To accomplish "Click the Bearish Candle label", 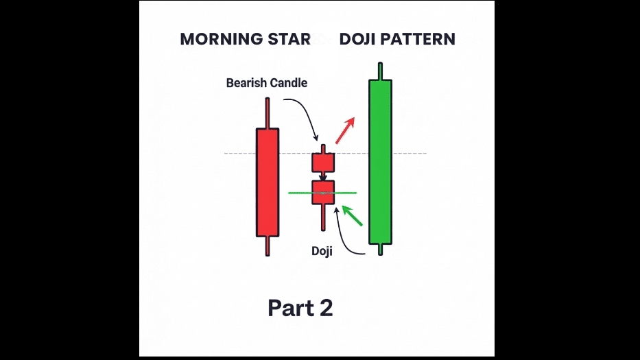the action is pyautogui.click(x=267, y=83).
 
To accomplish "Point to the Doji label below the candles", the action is pyautogui.click(x=322, y=251).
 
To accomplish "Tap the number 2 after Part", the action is pyautogui.click(x=324, y=308).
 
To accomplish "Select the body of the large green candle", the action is pyautogui.click(x=380, y=161).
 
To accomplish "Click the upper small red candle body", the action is pyautogui.click(x=322, y=163).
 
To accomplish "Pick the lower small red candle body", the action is pyautogui.click(x=322, y=193).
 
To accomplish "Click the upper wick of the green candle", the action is pyautogui.click(x=380, y=71).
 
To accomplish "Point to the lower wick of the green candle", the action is pyautogui.click(x=380, y=249).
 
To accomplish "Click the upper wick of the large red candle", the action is pyautogui.click(x=268, y=113).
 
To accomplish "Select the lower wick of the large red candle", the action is pyautogui.click(x=268, y=245).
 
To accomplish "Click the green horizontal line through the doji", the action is pyautogui.click(x=346, y=193).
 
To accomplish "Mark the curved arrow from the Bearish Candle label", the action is pyautogui.click(x=305, y=113).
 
